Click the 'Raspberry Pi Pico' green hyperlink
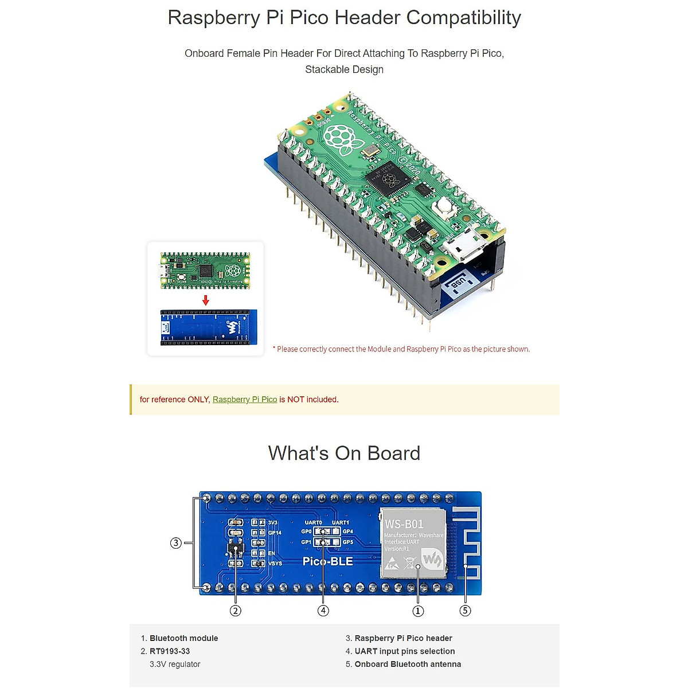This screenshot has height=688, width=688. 245,400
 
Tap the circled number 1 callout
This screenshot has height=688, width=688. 419,611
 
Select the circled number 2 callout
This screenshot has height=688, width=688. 235,611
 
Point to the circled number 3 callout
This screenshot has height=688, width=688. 176,543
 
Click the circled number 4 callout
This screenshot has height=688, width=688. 323,611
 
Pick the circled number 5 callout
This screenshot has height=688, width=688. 465,611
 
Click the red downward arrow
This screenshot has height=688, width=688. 206,300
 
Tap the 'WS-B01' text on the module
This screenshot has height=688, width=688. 404,524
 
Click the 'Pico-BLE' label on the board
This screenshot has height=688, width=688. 328,561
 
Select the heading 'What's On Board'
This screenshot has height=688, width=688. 344,454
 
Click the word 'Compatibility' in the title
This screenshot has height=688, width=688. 463,18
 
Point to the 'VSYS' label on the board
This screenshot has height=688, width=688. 275,564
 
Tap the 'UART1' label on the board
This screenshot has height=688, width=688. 341,522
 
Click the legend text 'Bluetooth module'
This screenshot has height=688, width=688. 183,638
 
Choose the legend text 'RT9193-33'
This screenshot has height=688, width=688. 170,651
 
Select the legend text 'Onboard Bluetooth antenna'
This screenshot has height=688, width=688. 408,664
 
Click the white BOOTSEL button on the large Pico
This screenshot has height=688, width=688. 444,207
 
